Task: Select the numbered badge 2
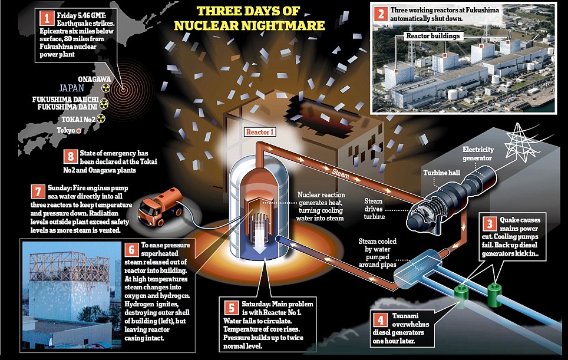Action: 381,14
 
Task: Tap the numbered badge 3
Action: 490,224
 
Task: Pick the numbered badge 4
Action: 380,320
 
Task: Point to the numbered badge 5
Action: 231,308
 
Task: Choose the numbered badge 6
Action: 131,250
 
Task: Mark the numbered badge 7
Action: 38,191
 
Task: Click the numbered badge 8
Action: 70,157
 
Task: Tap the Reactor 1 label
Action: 260,132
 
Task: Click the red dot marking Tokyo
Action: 78,131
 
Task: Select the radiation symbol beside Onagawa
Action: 105,88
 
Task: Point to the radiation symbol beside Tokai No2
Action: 101,118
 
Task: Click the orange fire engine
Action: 160,206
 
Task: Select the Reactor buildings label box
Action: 433,36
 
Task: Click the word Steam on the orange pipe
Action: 341,173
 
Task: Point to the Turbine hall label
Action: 441,173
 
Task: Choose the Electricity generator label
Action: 478,154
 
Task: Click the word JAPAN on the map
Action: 72,88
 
